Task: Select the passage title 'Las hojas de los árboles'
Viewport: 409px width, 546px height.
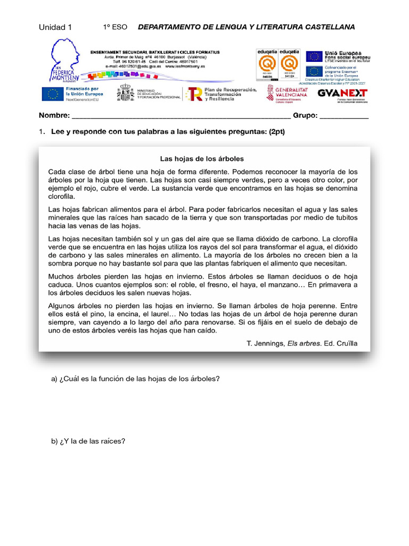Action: (202, 158)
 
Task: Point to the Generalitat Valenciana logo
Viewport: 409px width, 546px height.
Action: (287, 93)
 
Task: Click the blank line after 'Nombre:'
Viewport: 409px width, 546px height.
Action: (181, 117)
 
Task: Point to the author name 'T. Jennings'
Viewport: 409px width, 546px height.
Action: (265, 344)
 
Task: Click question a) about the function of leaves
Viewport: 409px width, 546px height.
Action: (135, 379)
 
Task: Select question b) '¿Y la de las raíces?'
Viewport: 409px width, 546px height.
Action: (88, 441)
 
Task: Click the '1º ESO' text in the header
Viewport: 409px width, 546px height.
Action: (115, 27)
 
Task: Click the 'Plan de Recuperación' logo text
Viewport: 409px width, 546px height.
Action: (229, 90)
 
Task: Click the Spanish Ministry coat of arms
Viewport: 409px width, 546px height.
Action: (126, 93)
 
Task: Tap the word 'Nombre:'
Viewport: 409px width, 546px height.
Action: (54, 116)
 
